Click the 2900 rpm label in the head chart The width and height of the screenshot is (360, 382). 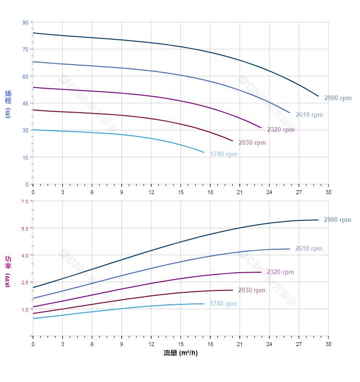coord(337,98)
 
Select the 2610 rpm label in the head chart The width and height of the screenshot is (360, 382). coord(309,115)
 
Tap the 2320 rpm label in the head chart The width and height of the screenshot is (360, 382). coord(281,130)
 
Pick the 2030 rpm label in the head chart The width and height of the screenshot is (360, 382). coord(252,143)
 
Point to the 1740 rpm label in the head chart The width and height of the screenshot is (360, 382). coord(224,154)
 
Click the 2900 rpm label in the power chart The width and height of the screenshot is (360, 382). coord(337,220)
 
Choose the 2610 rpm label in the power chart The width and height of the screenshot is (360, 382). coord(309,249)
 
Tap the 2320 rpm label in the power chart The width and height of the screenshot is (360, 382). coord(280,272)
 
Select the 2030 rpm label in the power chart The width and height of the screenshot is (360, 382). coord(251,290)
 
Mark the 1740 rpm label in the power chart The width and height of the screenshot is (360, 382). coord(223,304)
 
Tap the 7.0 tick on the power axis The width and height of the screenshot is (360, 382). coord(25,201)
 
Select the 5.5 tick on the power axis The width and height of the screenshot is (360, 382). coord(25,228)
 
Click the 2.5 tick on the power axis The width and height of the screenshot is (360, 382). coord(25,282)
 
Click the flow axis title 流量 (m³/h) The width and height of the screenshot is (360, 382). coord(180,353)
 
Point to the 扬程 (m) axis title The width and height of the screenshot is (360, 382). coord(8,104)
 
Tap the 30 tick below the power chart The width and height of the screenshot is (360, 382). coord(328,344)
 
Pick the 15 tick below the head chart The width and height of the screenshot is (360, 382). coord(180,192)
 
